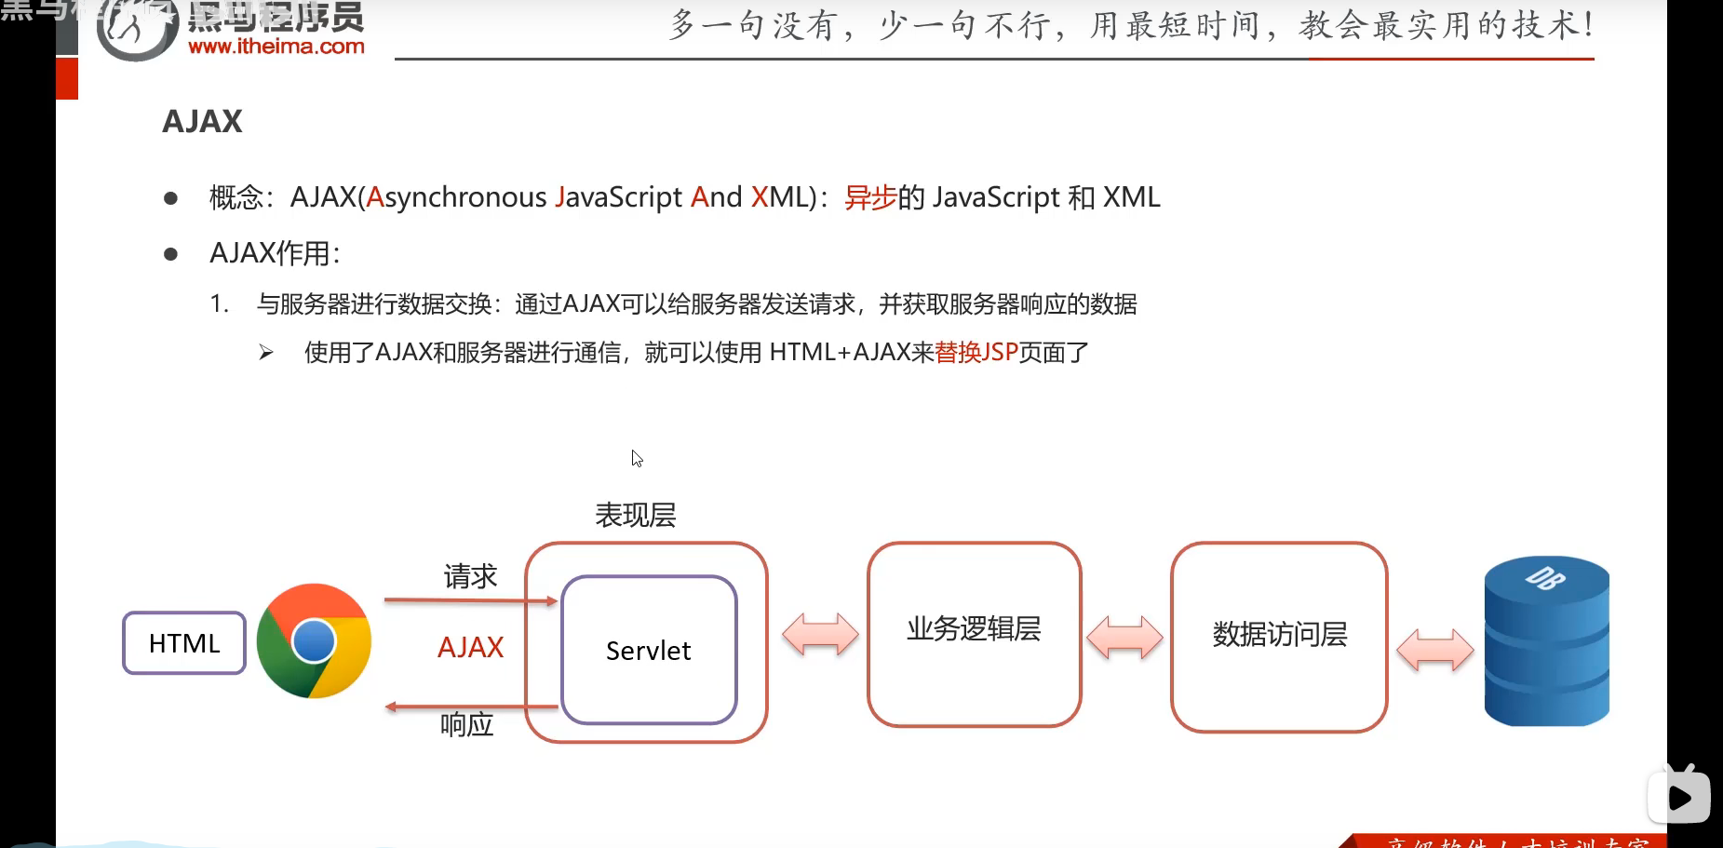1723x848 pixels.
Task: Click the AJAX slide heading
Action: (202, 121)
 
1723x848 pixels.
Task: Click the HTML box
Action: (184, 643)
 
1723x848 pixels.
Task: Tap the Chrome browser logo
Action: (314, 641)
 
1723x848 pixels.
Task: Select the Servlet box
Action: (649, 650)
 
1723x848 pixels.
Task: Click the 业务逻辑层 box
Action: (974, 633)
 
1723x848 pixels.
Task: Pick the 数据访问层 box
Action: (1279, 636)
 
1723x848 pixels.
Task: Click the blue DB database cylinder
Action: (1546, 641)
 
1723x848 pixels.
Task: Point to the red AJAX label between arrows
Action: (470, 647)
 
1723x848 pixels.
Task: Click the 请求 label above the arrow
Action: (470, 577)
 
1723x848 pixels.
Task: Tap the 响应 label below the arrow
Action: (466, 724)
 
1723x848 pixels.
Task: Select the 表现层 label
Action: (636, 515)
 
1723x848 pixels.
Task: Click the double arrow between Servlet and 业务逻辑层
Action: (820, 635)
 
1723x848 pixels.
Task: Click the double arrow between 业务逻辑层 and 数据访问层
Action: (1124, 638)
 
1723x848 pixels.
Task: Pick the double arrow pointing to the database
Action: (1435, 649)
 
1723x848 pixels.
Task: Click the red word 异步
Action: (870, 197)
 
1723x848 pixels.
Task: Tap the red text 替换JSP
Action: (976, 353)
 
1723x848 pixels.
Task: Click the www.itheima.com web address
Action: (276, 47)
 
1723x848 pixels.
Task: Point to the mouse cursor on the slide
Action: (637, 458)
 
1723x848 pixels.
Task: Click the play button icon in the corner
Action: (1679, 797)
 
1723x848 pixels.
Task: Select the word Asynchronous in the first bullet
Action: (456, 197)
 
